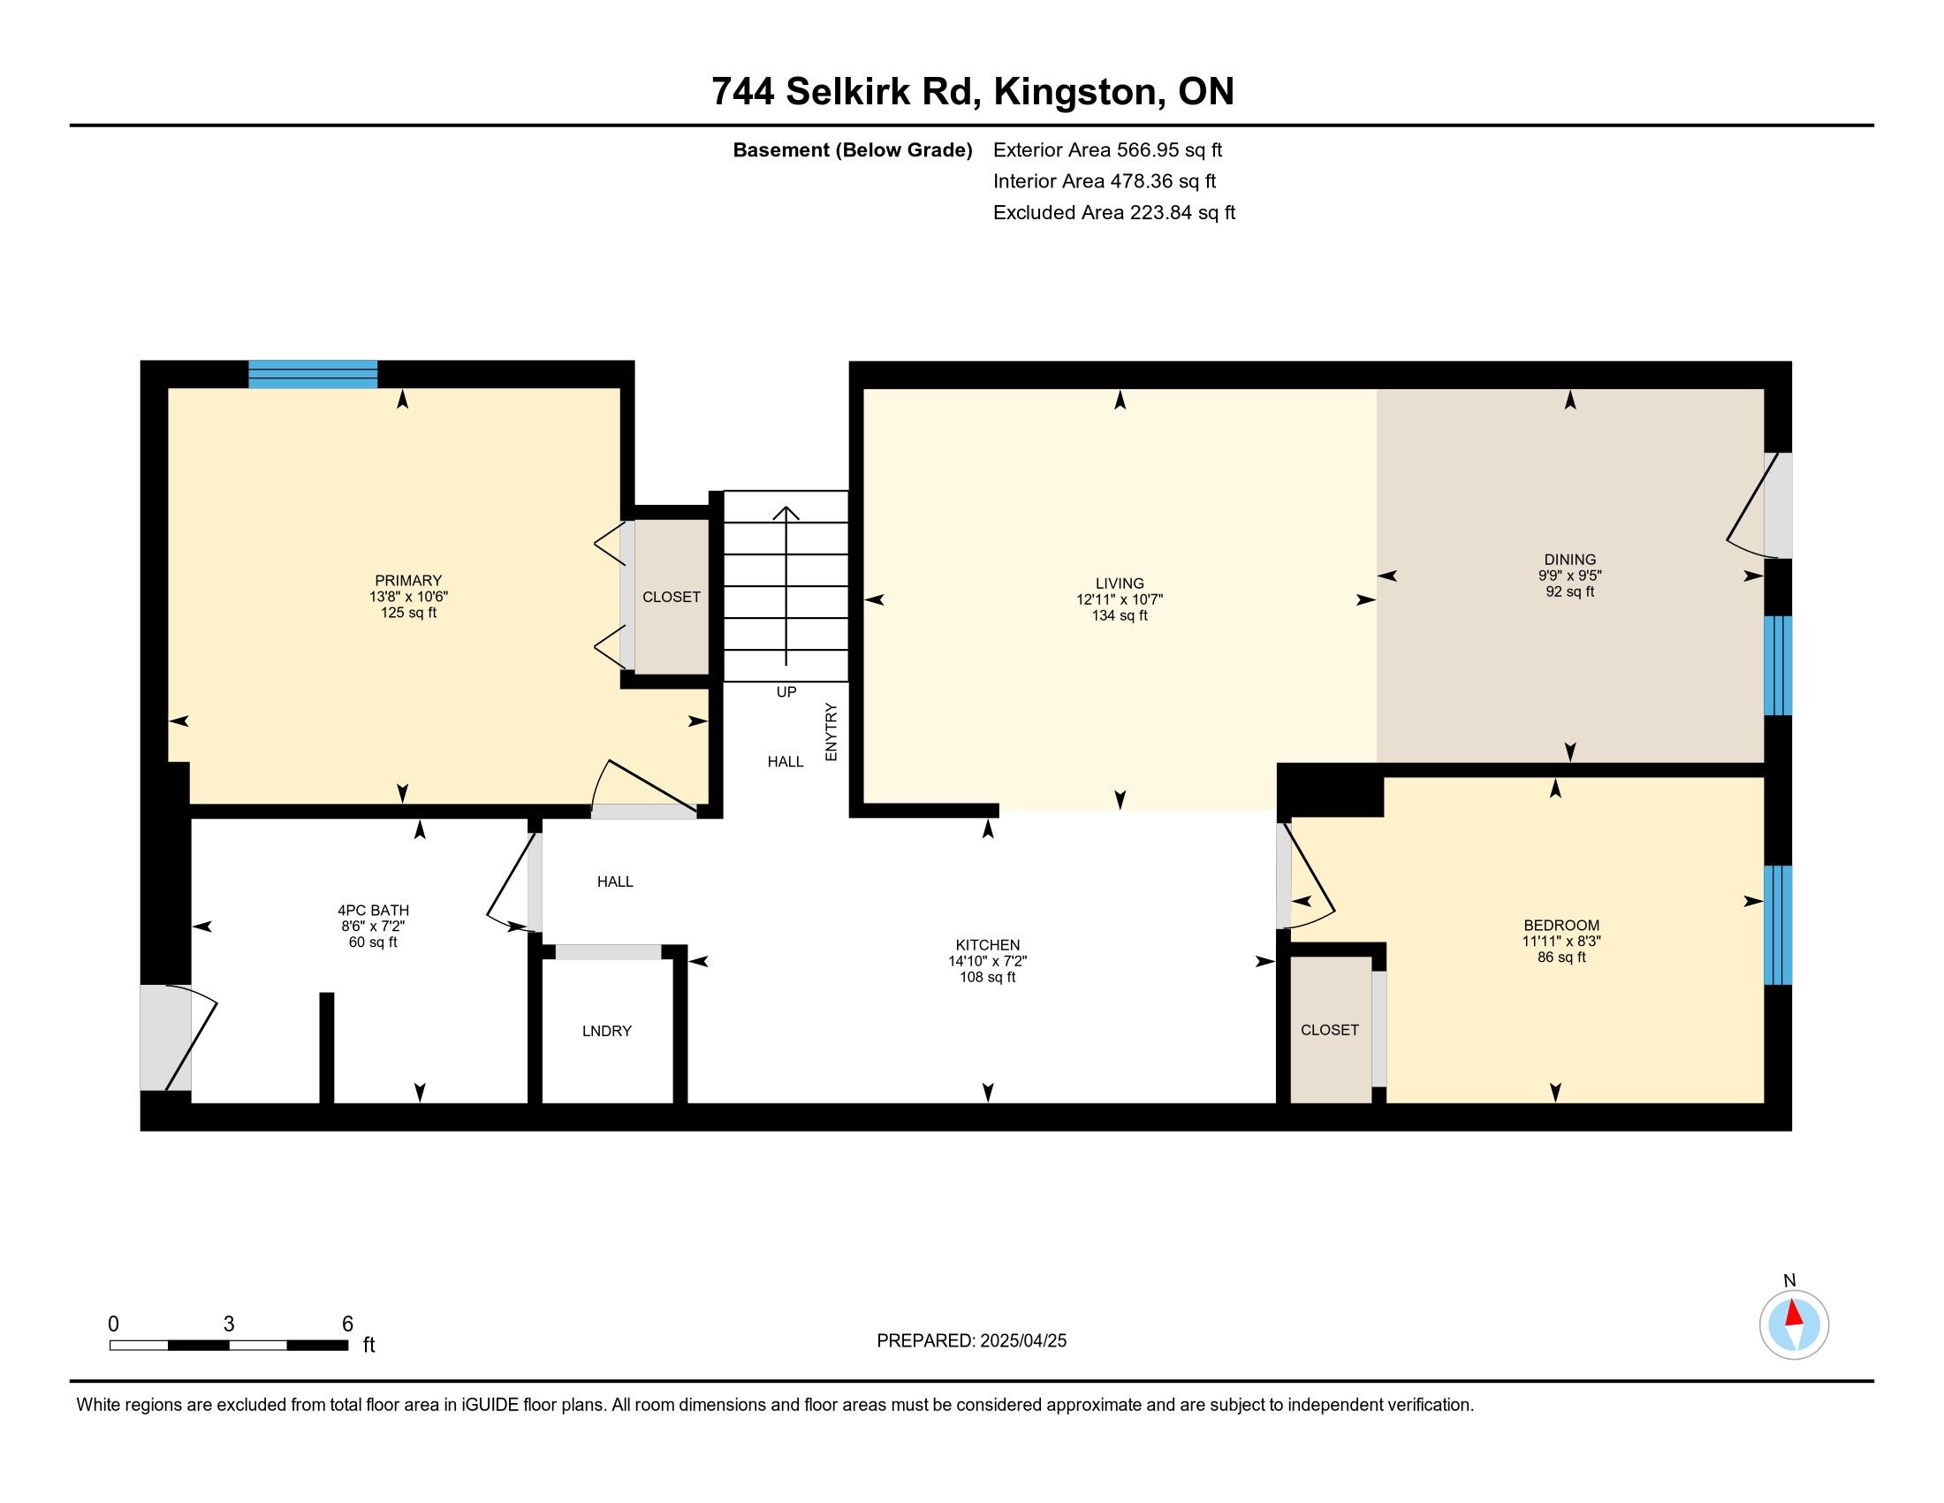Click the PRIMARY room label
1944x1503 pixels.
[x=407, y=581]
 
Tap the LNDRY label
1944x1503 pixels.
[x=607, y=1031]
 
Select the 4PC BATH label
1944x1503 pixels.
[x=373, y=910]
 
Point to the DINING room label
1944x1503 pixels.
[x=1570, y=560]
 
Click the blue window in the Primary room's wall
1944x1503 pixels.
[x=313, y=374]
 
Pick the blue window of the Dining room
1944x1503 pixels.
[x=1778, y=665]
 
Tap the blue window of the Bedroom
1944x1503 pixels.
[x=1778, y=925]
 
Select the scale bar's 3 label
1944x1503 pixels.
[x=229, y=1324]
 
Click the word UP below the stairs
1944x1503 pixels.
[x=786, y=692]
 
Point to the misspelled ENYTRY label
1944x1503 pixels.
[x=832, y=732]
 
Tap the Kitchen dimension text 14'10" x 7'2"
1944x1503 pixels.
[x=988, y=961]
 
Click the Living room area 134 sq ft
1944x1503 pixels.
[x=1120, y=615]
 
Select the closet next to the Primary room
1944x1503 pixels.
[x=672, y=597]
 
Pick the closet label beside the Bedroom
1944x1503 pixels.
[x=1330, y=1030]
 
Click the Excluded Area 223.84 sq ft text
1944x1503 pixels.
[x=1114, y=213]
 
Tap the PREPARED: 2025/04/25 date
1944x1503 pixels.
[x=971, y=1341]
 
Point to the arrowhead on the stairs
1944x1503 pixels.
[x=786, y=513]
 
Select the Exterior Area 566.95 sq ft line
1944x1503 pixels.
[x=1107, y=150]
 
